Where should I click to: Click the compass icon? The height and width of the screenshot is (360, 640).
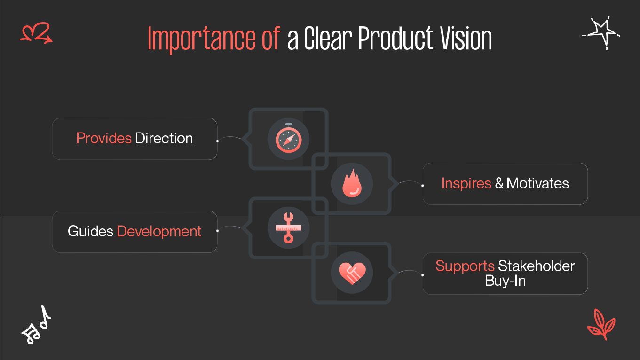click(x=288, y=139)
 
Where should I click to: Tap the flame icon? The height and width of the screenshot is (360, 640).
click(x=352, y=183)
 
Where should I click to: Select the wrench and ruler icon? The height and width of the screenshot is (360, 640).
click(x=288, y=228)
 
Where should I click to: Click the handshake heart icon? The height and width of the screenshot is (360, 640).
click(x=352, y=273)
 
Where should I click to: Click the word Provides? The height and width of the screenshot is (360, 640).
click(x=103, y=139)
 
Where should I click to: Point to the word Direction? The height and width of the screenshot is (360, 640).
click(x=164, y=139)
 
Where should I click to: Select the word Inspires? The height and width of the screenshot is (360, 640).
click(x=466, y=183)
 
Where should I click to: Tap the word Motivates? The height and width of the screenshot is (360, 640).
click(x=537, y=183)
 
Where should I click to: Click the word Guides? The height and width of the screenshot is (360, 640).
click(x=90, y=231)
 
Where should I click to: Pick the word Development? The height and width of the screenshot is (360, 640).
click(x=159, y=231)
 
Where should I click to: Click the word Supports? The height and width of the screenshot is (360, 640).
click(x=465, y=266)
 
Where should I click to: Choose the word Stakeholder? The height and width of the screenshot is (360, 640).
click(x=536, y=266)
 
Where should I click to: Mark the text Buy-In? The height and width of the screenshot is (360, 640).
click(x=505, y=281)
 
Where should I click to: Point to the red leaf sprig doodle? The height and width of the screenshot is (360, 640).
click(x=601, y=324)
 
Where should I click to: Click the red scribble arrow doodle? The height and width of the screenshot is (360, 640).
click(x=36, y=33)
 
